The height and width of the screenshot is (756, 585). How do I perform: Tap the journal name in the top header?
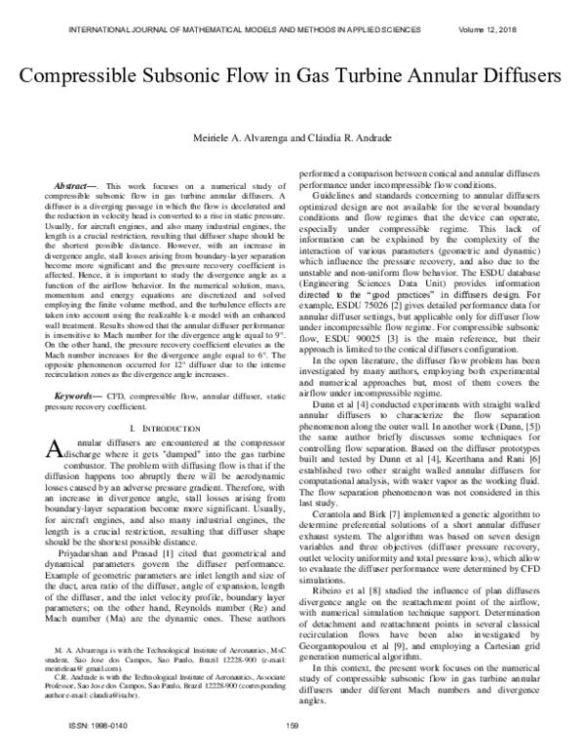232,14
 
